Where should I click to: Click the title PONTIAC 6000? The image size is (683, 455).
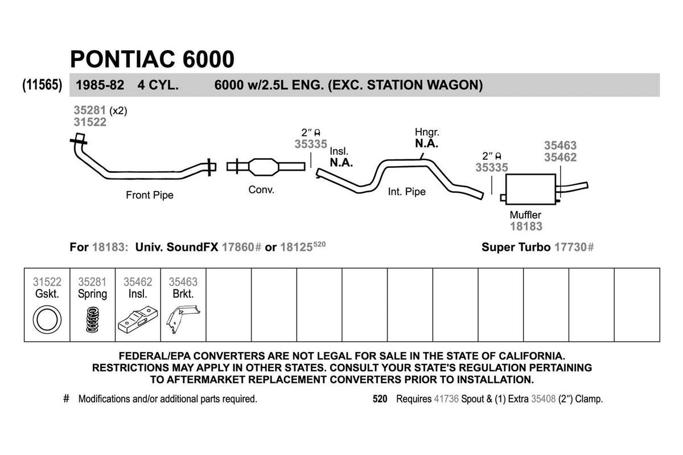pyautogui.click(x=151, y=59)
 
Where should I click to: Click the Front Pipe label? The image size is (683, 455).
pyautogui.click(x=150, y=195)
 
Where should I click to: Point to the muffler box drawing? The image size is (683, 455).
pyautogui.click(x=530, y=189)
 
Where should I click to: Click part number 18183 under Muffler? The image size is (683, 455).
pyautogui.click(x=526, y=226)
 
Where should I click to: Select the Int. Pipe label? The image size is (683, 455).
pyautogui.click(x=406, y=192)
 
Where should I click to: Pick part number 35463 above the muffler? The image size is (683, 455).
pyautogui.click(x=560, y=146)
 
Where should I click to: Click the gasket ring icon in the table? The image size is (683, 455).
pyautogui.click(x=46, y=320)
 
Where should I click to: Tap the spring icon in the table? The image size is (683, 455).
pyautogui.click(x=92, y=320)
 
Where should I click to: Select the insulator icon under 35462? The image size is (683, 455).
pyautogui.click(x=138, y=321)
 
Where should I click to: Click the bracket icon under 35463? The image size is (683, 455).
pyautogui.click(x=182, y=320)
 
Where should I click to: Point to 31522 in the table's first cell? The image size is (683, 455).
pyautogui.click(x=47, y=282)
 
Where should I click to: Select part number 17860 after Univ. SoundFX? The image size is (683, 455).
pyautogui.click(x=238, y=247)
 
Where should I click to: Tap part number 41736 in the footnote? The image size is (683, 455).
pyautogui.click(x=446, y=399)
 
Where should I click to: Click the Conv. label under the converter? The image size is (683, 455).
pyautogui.click(x=261, y=189)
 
